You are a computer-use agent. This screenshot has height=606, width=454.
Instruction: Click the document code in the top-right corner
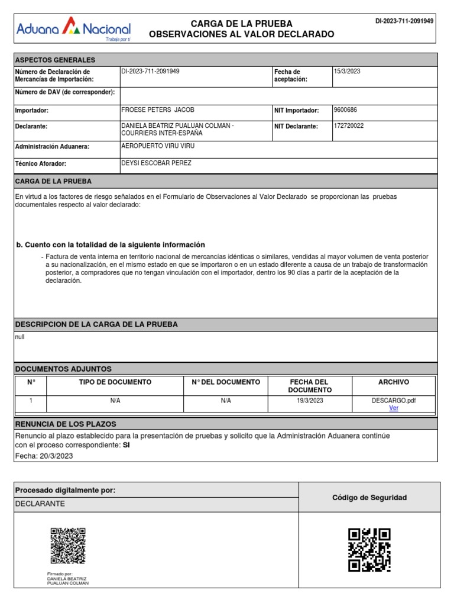(x=404, y=21)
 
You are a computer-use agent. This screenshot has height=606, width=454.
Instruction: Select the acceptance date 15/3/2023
(x=347, y=72)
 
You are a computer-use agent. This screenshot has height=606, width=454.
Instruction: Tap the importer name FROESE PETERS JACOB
(x=157, y=110)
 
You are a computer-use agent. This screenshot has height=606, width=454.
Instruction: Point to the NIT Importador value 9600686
(x=345, y=110)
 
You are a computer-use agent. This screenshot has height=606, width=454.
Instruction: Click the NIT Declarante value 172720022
(x=349, y=126)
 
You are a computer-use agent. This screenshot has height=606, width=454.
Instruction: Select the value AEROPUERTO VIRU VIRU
(x=157, y=146)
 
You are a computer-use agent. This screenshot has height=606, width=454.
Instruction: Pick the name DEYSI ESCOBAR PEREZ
(x=156, y=163)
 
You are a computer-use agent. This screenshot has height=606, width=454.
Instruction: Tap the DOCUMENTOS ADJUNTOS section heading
(x=63, y=369)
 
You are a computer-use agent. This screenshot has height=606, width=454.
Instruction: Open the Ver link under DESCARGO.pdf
(x=393, y=408)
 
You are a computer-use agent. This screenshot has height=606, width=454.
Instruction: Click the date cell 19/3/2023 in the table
(x=310, y=401)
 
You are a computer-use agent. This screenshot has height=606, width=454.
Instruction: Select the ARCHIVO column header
(x=393, y=382)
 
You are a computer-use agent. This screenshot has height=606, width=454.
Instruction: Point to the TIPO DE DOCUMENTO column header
(x=115, y=382)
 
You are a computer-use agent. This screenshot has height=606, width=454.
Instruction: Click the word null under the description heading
(x=20, y=337)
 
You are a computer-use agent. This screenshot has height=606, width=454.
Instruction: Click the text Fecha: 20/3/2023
(x=44, y=456)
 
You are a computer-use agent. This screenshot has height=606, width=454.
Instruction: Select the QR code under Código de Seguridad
(x=369, y=550)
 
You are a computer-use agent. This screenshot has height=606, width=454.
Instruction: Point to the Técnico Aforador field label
(x=40, y=163)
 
